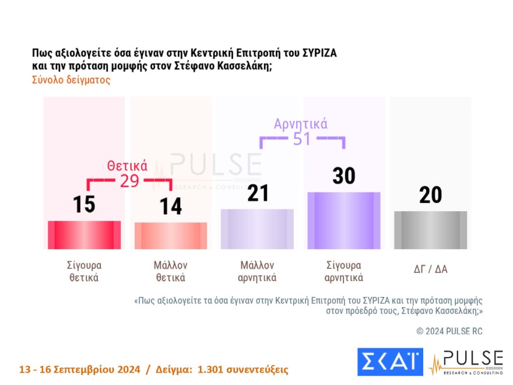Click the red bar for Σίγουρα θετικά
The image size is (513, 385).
[84, 235]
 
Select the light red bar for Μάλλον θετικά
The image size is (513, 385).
[171, 236]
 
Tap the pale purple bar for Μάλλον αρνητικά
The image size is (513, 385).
[257, 229]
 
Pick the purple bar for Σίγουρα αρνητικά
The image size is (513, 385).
[344, 220]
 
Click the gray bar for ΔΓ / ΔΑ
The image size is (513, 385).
[430, 230]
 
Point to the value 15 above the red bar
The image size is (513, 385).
[85, 204]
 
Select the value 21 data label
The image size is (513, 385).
[257, 192]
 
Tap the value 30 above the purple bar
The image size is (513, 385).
[343, 176]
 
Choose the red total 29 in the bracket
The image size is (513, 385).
[129, 181]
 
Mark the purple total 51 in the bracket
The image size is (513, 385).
[301, 140]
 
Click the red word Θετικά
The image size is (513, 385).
[127, 165]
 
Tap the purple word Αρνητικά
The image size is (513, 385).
[301, 124]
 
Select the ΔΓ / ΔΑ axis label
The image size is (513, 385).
[430, 269]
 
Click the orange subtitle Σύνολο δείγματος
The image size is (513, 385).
[71, 80]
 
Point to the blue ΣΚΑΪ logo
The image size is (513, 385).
[389, 362]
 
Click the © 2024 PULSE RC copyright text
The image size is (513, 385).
[449, 331]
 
